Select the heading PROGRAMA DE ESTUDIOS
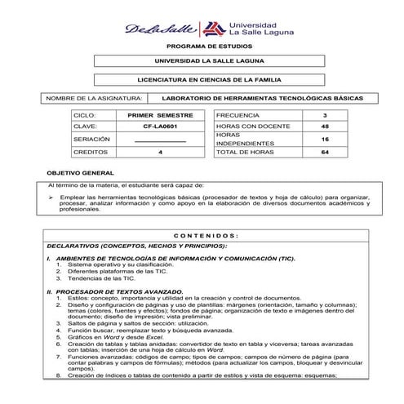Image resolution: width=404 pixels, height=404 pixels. tap(202, 47)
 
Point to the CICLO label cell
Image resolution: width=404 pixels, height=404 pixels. tap(85, 116)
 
